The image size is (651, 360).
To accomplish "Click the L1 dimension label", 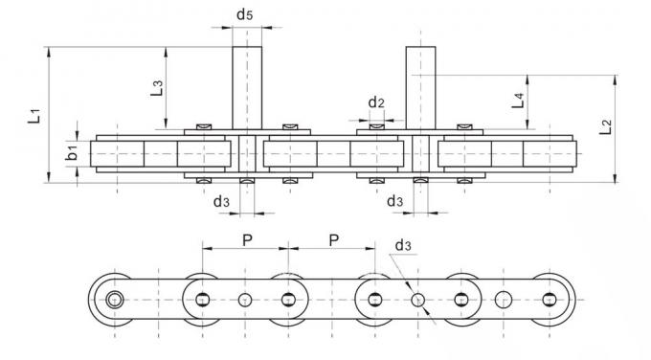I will tap(34, 115).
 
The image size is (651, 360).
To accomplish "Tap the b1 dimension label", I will tap(72, 153).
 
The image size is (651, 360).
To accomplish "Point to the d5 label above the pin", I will tap(245, 14).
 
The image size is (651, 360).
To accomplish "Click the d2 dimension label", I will tap(376, 101).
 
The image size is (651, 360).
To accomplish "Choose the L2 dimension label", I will tap(604, 127).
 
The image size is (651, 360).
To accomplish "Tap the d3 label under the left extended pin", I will tap(220, 200).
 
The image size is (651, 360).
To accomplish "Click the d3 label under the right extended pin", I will tap(393, 200).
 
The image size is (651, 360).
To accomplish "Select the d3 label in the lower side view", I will tap(403, 246).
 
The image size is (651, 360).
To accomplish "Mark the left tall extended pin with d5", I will tap(248, 86).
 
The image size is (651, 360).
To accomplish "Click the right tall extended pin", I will tap(420, 86).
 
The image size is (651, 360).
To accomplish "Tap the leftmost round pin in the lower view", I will tap(115, 300).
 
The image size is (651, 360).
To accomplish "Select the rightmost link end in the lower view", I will tap(549, 300).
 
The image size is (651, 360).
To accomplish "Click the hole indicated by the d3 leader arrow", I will tap(417, 300).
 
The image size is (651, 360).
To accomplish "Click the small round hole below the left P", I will tap(245, 300).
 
